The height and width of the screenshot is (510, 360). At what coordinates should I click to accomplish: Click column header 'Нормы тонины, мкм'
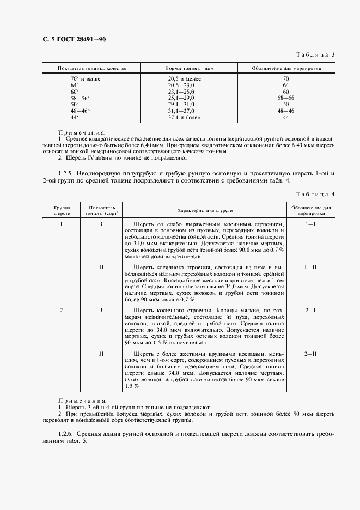(x=185, y=69)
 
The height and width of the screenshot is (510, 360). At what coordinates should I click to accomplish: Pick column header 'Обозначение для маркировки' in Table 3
(x=285, y=69)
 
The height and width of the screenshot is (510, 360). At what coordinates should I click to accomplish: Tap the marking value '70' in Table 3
(x=285, y=80)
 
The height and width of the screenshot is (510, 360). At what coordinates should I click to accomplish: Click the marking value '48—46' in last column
(x=285, y=111)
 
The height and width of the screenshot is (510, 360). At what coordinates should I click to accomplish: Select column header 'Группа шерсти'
(x=62, y=210)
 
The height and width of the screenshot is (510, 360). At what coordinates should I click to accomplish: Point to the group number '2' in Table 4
(x=62, y=311)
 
